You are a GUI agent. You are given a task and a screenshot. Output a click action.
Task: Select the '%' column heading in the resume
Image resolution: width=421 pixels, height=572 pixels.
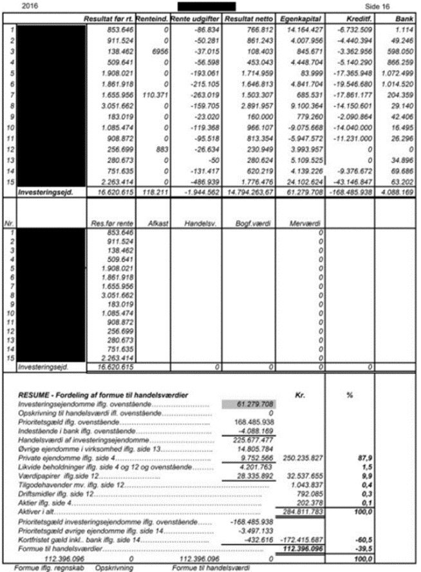pos(349,394)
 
